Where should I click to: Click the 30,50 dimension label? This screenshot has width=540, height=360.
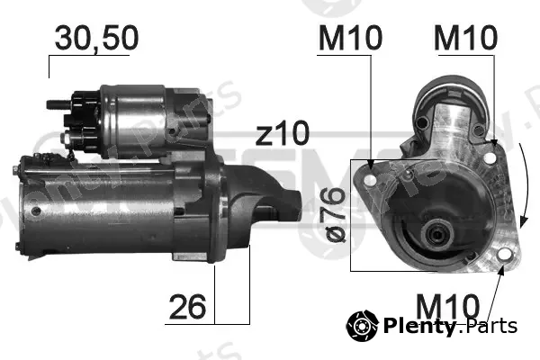pos(96,38)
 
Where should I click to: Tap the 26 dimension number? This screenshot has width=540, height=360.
pos(187,307)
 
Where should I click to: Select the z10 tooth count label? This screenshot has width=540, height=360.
pos(283,133)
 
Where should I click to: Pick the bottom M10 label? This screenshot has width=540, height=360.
pos(447,307)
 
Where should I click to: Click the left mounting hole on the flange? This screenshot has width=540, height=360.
pos(370,180)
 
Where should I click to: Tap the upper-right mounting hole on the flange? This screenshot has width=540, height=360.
pos(489,158)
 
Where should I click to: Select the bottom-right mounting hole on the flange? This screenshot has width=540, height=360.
pos(504,255)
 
